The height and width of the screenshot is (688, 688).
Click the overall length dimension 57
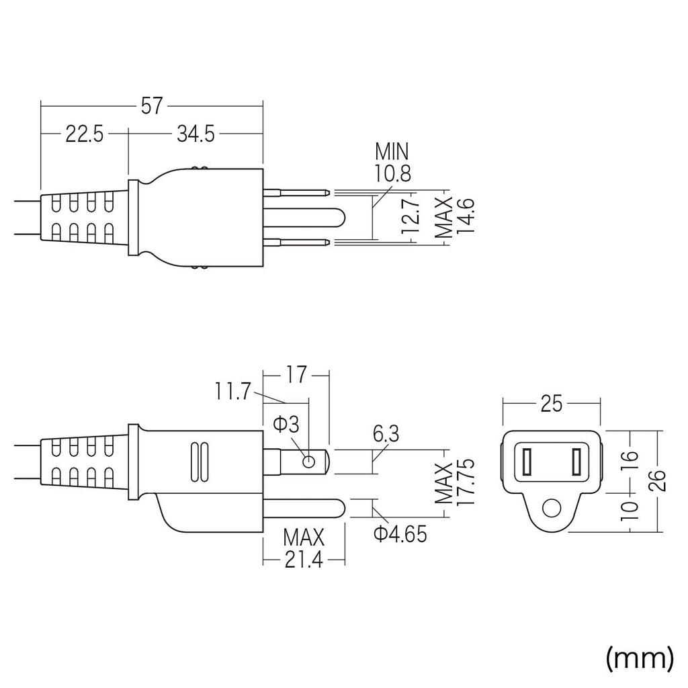tap(152, 105)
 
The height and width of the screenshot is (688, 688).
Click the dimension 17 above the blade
tap(295, 374)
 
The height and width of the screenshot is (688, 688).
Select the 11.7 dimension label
tap(233, 390)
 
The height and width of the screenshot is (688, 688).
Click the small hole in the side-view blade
tap(308, 462)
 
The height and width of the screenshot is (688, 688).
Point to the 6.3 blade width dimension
tap(386, 434)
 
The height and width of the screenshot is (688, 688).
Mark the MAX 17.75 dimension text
tap(455, 483)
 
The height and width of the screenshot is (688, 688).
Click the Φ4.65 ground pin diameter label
tap(400, 535)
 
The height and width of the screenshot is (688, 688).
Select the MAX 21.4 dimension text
tap(303, 548)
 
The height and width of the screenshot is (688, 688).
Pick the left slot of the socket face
tap(526, 462)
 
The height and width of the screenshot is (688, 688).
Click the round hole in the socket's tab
tap(551, 509)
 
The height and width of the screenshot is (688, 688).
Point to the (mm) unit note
tap(639, 658)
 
